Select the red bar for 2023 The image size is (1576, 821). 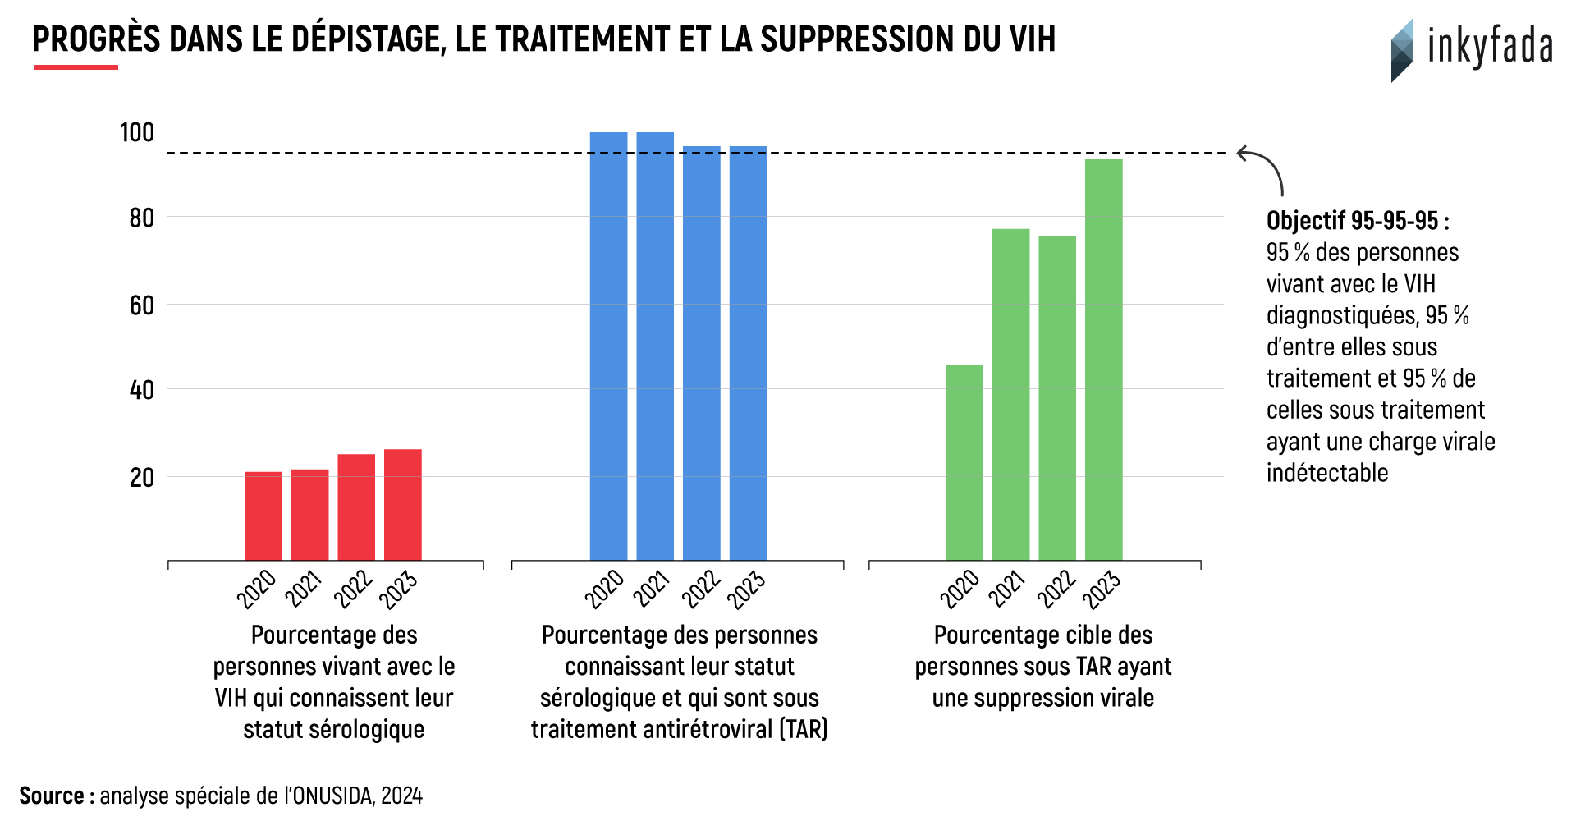point(402,504)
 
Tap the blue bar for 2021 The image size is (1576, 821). point(654,346)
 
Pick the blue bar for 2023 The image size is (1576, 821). point(748,353)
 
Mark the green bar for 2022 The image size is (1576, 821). point(1056,398)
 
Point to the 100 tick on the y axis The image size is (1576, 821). point(137,132)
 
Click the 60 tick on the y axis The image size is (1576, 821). point(142,305)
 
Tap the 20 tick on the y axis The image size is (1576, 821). point(142,478)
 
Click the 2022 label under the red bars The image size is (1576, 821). point(353,589)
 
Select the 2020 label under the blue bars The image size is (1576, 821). point(604,589)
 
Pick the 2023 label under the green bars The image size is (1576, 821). point(1101,589)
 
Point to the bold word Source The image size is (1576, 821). point(51,796)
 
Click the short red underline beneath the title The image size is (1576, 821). point(76,67)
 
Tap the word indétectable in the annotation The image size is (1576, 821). point(1326,473)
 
